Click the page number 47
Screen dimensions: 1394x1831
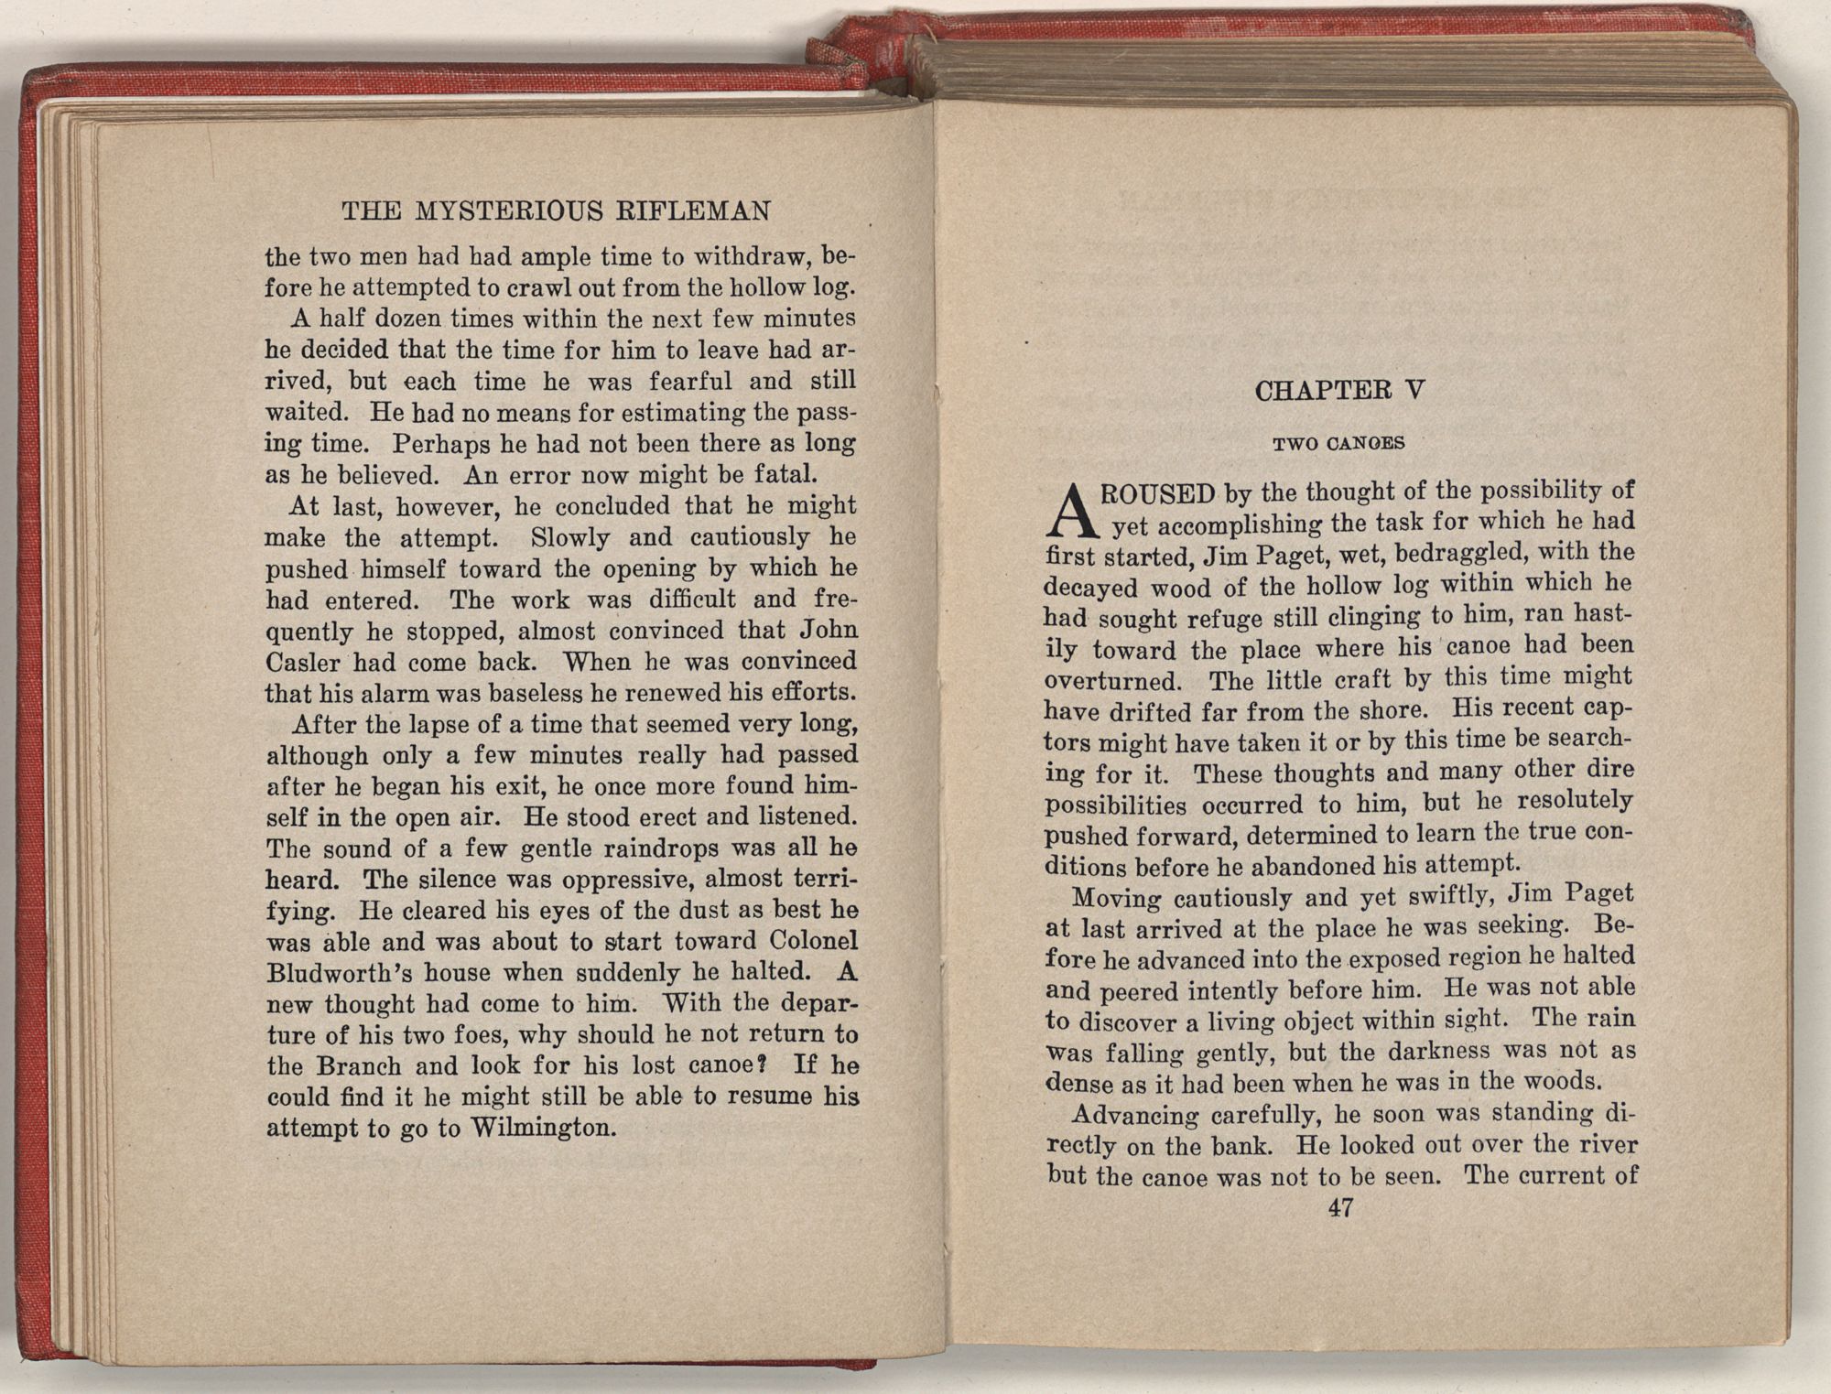[1340, 1208]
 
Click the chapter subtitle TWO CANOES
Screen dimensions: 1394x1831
[1338, 444]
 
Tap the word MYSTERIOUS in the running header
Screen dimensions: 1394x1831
[507, 211]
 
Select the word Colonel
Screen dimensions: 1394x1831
[813, 941]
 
